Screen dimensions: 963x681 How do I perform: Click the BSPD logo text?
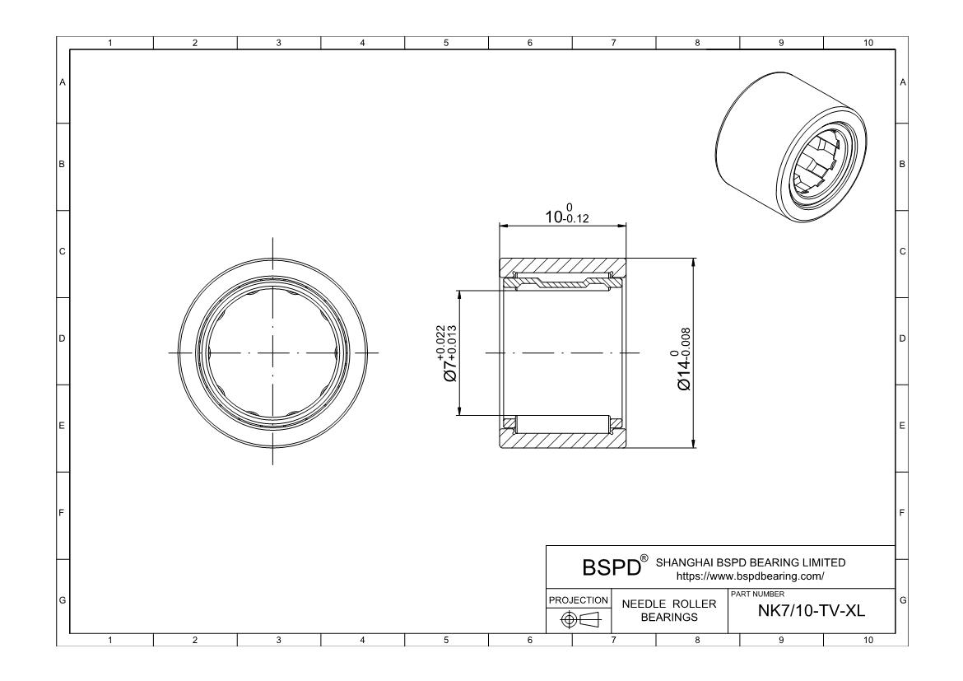click(x=612, y=567)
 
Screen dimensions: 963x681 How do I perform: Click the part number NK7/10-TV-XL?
click(x=812, y=610)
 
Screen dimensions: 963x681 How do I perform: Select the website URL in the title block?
click(x=750, y=576)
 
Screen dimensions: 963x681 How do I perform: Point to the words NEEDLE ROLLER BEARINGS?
click(x=669, y=610)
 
